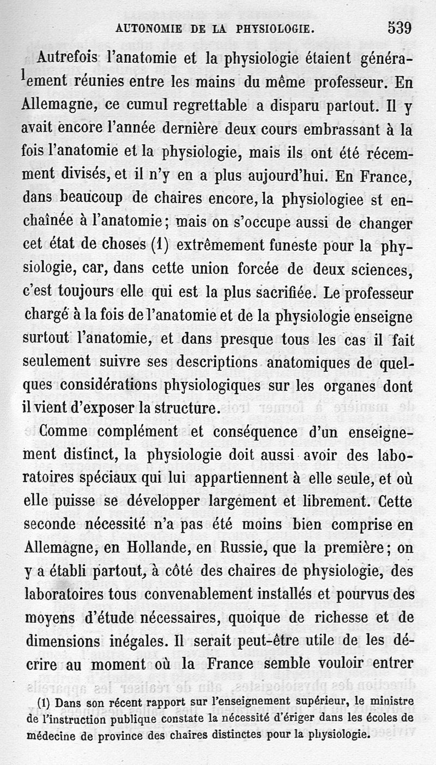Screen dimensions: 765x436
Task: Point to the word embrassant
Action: [x=311, y=129]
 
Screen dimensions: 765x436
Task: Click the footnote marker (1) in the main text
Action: [x=157, y=246]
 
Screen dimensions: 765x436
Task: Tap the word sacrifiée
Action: [x=288, y=292]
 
